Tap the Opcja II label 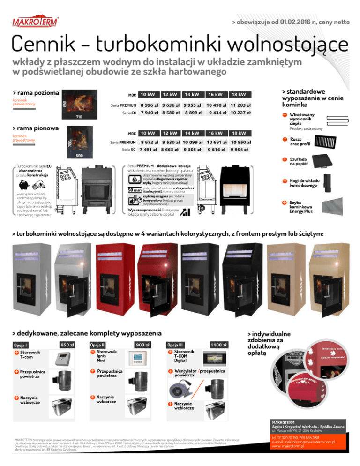click(x=97, y=345)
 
